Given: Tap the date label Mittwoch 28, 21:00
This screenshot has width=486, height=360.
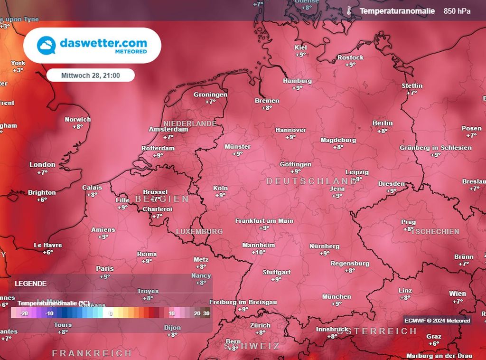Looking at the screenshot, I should pos(91,76).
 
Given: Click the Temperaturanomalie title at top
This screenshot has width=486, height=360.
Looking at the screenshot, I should pos(397,11).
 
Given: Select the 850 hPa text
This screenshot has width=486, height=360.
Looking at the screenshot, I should pos(457,11).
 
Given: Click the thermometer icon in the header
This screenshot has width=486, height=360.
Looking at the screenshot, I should pos(349,11).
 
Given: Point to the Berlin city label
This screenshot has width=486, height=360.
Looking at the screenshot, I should pos(383,123).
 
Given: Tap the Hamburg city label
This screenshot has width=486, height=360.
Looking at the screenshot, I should pos(297,81).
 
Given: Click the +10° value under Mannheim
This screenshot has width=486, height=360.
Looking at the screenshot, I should pos(259,252).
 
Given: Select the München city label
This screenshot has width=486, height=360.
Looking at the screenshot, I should pos(336,296).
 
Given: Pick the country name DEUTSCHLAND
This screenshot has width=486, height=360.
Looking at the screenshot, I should pos(311,181).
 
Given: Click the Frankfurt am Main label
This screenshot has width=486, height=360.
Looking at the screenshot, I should pos(264,221).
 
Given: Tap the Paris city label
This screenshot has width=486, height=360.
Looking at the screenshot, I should pos(105,269).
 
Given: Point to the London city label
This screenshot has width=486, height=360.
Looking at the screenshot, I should pos(42,165).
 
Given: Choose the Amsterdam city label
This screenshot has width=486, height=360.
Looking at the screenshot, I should pos(168,129).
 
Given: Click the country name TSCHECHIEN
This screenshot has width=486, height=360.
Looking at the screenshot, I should pos(436,231).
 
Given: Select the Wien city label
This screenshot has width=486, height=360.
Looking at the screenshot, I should pos(458,294).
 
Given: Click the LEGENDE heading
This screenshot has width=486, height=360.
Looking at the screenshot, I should pos(30,284).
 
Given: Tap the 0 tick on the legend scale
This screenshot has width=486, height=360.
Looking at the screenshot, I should pos(111,313).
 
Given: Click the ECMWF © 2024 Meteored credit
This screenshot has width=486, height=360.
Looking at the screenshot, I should pos(437,321).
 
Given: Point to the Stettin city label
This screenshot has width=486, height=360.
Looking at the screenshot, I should pos(411,85).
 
